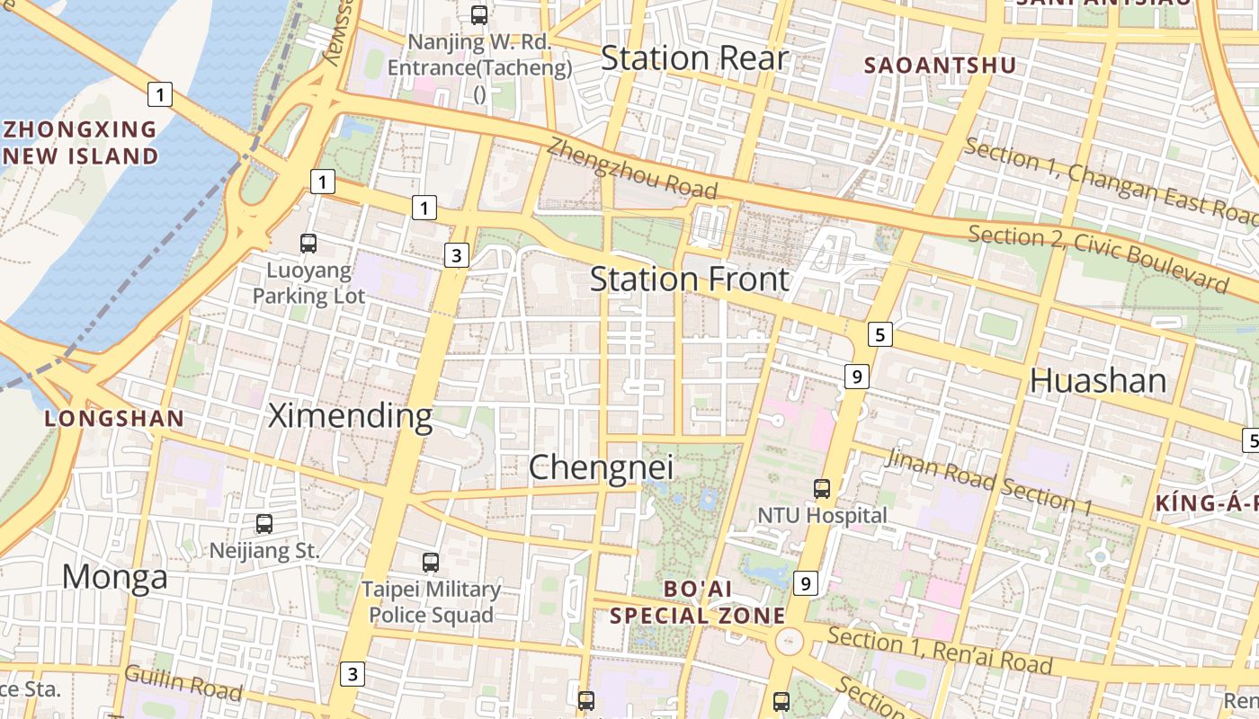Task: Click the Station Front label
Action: (x=689, y=280)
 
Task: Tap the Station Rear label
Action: (x=694, y=58)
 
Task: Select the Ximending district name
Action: (x=351, y=416)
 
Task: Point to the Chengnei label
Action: (x=601, y=467)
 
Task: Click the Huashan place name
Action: (x=1098, y=381)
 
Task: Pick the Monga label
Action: (x=114, y=577)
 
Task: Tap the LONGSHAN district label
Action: (x=114, y=418)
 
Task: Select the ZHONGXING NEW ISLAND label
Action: (x=81, y=143)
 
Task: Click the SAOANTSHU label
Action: (x=940, y=65)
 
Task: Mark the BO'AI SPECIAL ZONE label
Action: (x=697, y=602)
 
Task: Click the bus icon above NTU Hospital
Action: (x=822, y=488)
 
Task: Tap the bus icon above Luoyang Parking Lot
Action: (x=308, y=243)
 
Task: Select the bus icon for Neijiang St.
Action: (x=264, y=523)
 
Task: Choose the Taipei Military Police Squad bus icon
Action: (x=431, y=563)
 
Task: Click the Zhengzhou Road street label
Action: (x=632, y=168)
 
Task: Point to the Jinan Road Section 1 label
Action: (x=988, y=482)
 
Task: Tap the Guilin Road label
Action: (x=183, y=682)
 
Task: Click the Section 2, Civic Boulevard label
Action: (x=1097, y=259)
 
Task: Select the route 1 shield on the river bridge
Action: (x=160, y=93)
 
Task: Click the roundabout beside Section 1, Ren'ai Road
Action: (x=789, y=642)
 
